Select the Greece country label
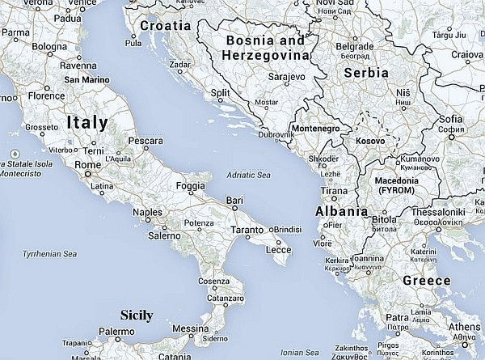pos(426,280)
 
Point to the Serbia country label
pos(366,72)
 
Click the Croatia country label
pos(165,25)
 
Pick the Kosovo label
pos(369,141)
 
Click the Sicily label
pos(136,315)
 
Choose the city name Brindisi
pos(289,229)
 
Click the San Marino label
pos(88,80)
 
